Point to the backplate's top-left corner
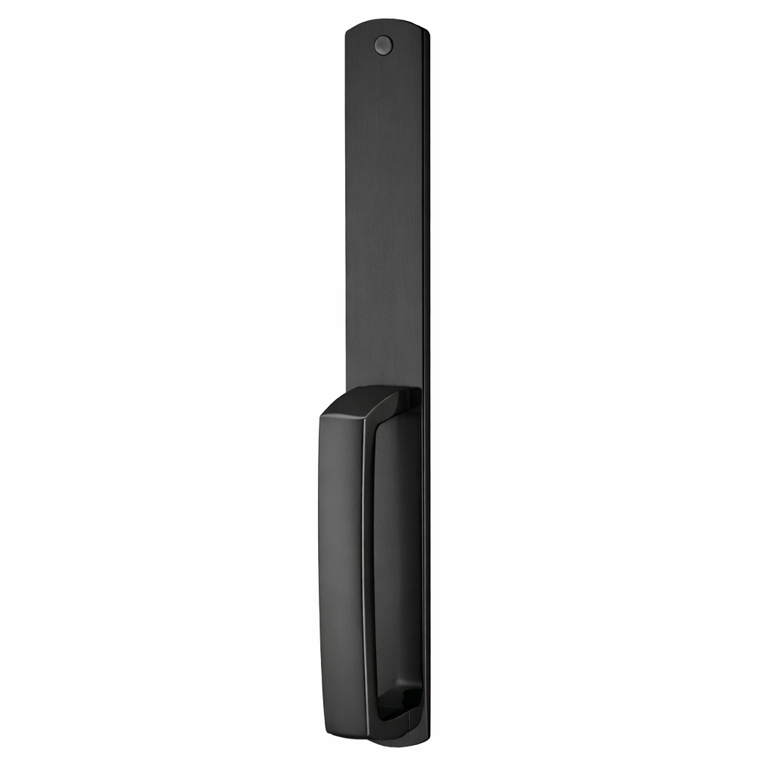tap(348, 32)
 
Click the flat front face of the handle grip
tap(341, 571)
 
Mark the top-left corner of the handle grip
tap(322, 416)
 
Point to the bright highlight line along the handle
tap(366, 571)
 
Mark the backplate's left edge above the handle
tap(347, 226)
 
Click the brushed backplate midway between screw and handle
tap(385, 218)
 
